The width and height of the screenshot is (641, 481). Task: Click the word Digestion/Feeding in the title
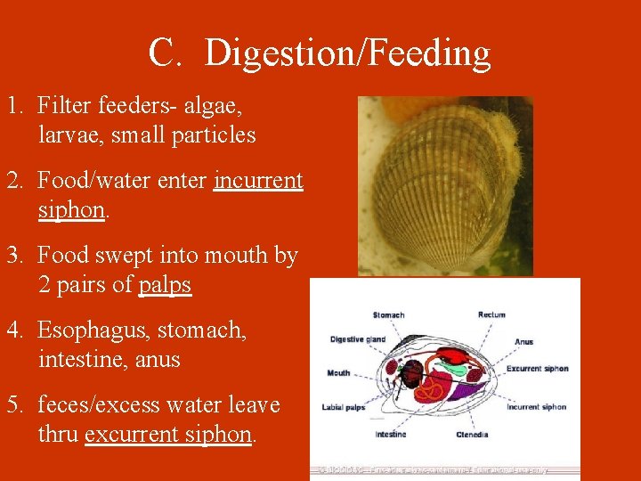[x=347, y=53]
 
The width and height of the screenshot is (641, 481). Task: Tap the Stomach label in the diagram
[x=388, y=314]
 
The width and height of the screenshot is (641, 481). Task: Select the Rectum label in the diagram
[x=491, y=314]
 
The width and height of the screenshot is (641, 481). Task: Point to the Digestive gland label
[x=357, y=339]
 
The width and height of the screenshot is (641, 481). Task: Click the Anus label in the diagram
[x=523, y=342]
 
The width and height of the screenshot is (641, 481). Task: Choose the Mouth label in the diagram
[x=338, y=373]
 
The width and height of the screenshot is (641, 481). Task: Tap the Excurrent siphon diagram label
[x=537, y=369]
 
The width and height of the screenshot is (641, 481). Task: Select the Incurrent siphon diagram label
[x=536, y=407]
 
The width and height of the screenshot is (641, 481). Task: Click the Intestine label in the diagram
[x=391, y=435]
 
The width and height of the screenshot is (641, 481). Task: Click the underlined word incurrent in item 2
[x=258, y=181]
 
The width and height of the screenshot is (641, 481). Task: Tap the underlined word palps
[x=165, y=286]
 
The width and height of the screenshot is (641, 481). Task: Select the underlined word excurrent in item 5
[x=134, y=435]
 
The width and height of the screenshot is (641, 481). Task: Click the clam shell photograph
[x=445, y=185]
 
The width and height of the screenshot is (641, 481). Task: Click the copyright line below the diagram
[x=433, y=469]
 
